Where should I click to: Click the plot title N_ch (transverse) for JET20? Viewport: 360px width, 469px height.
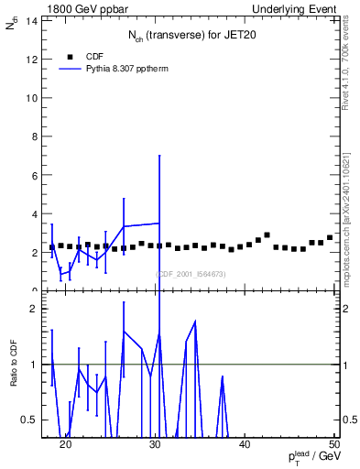(x=192, y=36)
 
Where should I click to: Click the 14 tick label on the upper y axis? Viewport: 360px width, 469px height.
(x=32, y=20)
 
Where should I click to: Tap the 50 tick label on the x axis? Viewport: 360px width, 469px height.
(x=334, y=444)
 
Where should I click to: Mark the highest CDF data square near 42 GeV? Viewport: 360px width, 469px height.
(x=267, y=235)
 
